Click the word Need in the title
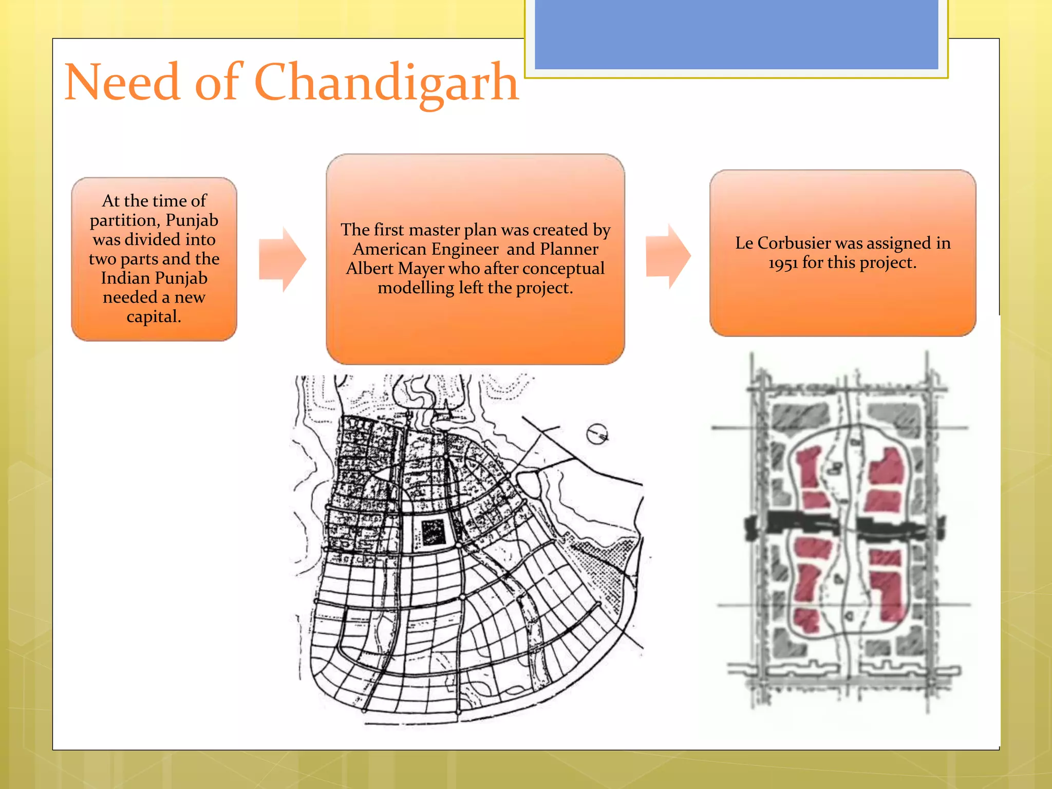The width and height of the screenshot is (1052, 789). (122, 82)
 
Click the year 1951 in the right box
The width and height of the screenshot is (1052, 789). (783, 263)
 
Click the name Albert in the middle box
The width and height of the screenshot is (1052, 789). (369, 269)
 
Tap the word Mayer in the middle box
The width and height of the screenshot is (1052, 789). (421, 269)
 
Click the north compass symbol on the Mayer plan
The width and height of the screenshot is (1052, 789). (597, 435)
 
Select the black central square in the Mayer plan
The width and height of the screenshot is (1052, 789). (433, 532)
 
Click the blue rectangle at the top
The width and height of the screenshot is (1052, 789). (736, 34)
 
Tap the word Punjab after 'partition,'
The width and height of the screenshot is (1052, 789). (192, 220)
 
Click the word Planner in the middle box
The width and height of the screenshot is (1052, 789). (569, 249)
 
